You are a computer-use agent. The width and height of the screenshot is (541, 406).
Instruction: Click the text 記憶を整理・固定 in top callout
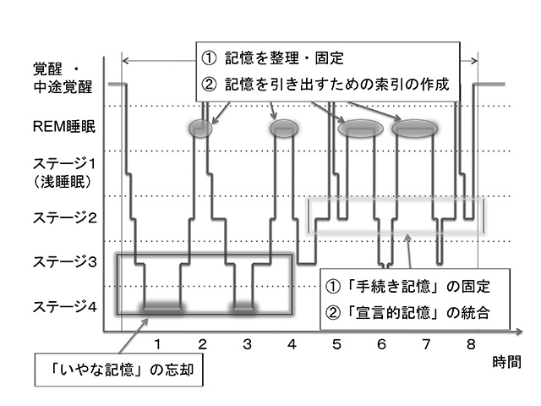[284, 59]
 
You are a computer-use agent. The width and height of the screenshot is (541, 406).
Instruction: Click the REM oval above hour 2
[200, 129]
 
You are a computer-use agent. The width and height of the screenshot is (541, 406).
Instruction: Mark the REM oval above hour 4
[284, 129]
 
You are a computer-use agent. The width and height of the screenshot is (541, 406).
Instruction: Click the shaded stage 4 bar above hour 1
[163, 305]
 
